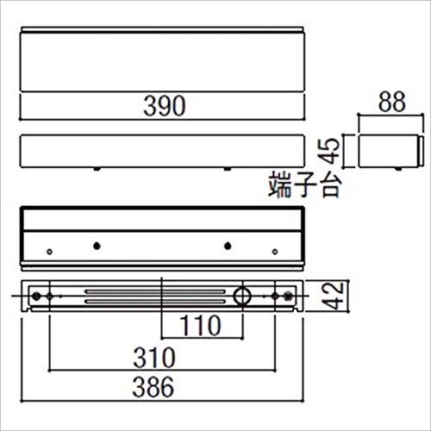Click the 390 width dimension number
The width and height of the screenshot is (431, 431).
[x=165, y=106]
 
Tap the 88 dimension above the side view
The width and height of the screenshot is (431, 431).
[x=391, y=102]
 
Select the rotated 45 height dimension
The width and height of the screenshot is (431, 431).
[x=328, y=151]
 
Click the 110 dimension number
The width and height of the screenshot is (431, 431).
[x=200, y=325]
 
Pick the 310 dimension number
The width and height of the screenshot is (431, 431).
[x=154, y=358]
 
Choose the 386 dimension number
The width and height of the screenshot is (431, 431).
[x=153, y=387]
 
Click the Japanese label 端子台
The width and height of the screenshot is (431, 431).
[x=305, y=184]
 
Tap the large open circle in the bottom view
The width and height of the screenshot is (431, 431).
[x=242, y=296]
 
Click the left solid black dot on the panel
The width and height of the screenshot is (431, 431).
[x=97, y=246]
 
